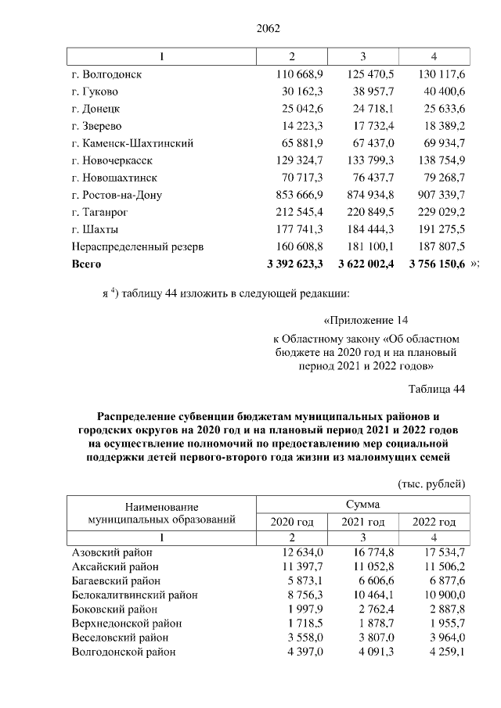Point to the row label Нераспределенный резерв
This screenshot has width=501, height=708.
tap(138, 246)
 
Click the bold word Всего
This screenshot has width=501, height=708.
tap(87, 264)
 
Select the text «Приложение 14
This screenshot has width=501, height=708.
tap(366, 320)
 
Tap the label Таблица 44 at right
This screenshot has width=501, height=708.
tap(437, 389)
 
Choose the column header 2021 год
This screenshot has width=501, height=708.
tap(363, 522)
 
